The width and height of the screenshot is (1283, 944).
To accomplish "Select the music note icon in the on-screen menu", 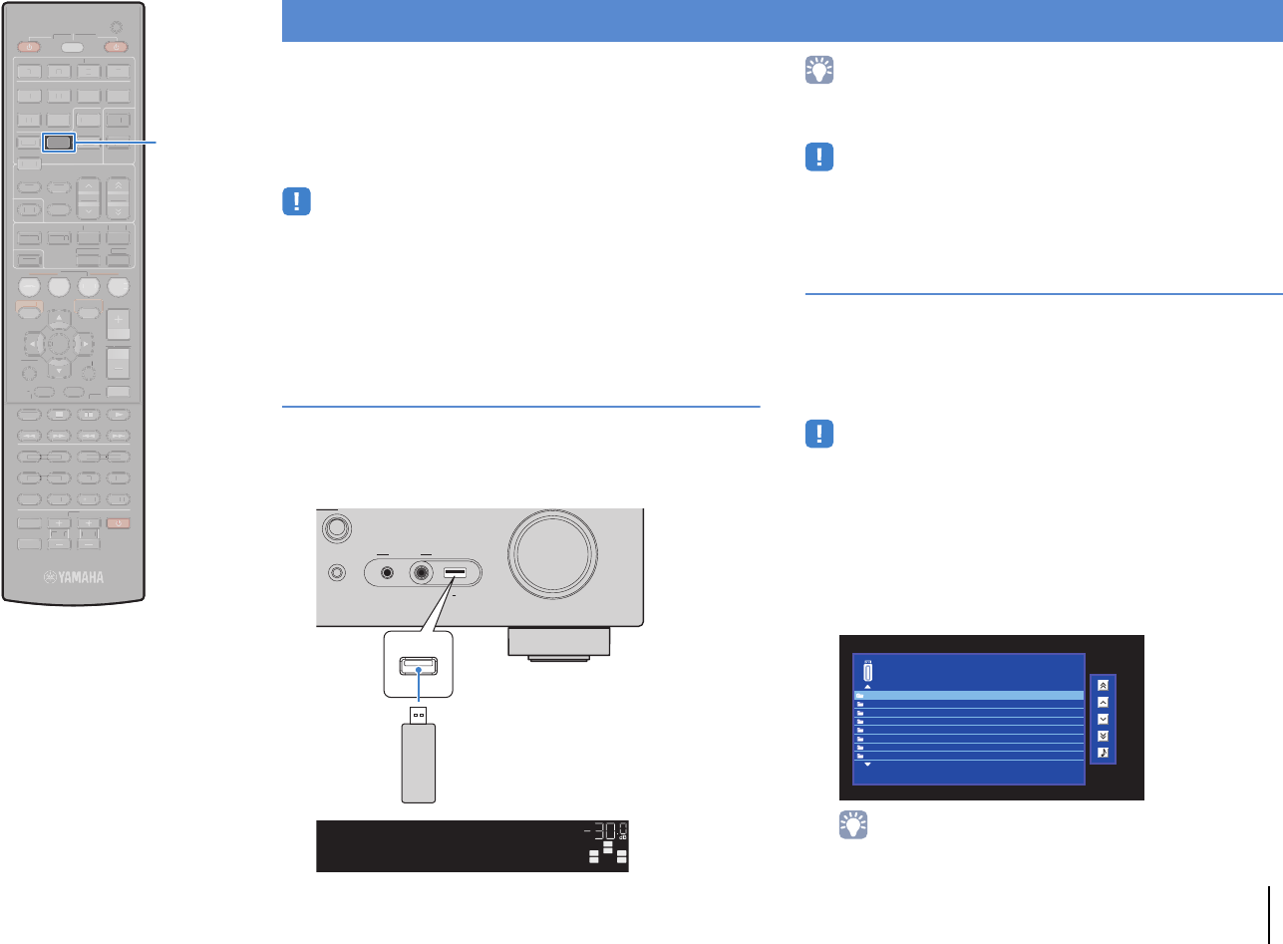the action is [1103, 753].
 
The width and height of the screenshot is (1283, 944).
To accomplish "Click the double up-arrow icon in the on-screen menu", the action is [1103, 685].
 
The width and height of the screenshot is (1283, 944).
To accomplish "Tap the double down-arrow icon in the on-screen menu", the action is [1103, 736].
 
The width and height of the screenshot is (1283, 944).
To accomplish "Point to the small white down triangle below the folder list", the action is [867, 765].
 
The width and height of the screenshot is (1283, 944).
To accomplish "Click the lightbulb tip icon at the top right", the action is [819, 74].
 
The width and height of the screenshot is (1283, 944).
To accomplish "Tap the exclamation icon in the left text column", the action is [296, 203].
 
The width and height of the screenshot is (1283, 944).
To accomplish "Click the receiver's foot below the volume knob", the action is [558, 643].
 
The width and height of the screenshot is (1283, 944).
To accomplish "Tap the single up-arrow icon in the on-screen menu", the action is [1103, 702].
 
